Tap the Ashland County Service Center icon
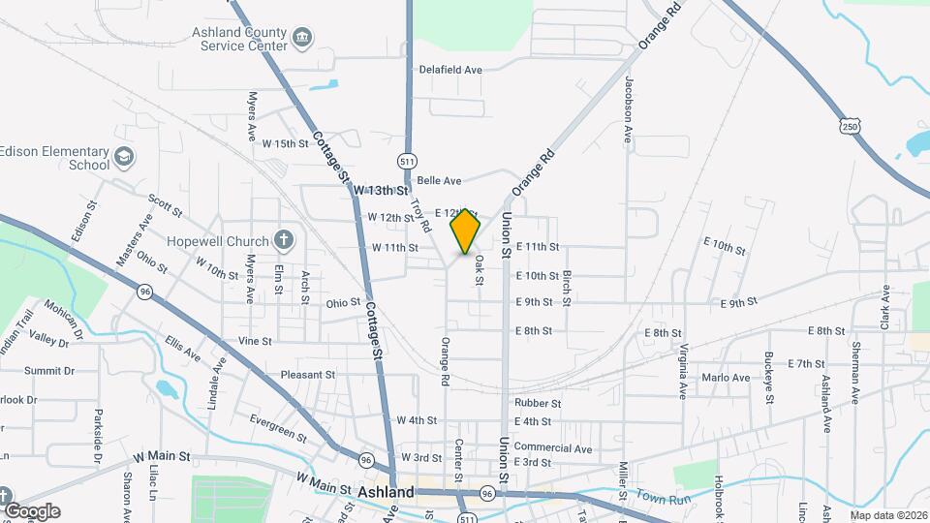tap(303, 37)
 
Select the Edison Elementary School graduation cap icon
tap(124, 157)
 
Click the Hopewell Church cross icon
tap(283, 239)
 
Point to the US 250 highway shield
tap(850, 127)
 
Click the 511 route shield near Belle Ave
tap(407, 161)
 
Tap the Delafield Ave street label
tap(450, 70)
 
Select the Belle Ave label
tap(438, 181)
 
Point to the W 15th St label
tap(285, 143)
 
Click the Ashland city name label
tap(386, 493)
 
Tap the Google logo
tap(32, 511)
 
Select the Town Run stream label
tap(664, 497)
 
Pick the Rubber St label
tap(539, 403)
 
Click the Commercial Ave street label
tap(552, 448)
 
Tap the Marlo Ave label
tap(727, 378)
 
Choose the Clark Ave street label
tap(884, 308)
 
